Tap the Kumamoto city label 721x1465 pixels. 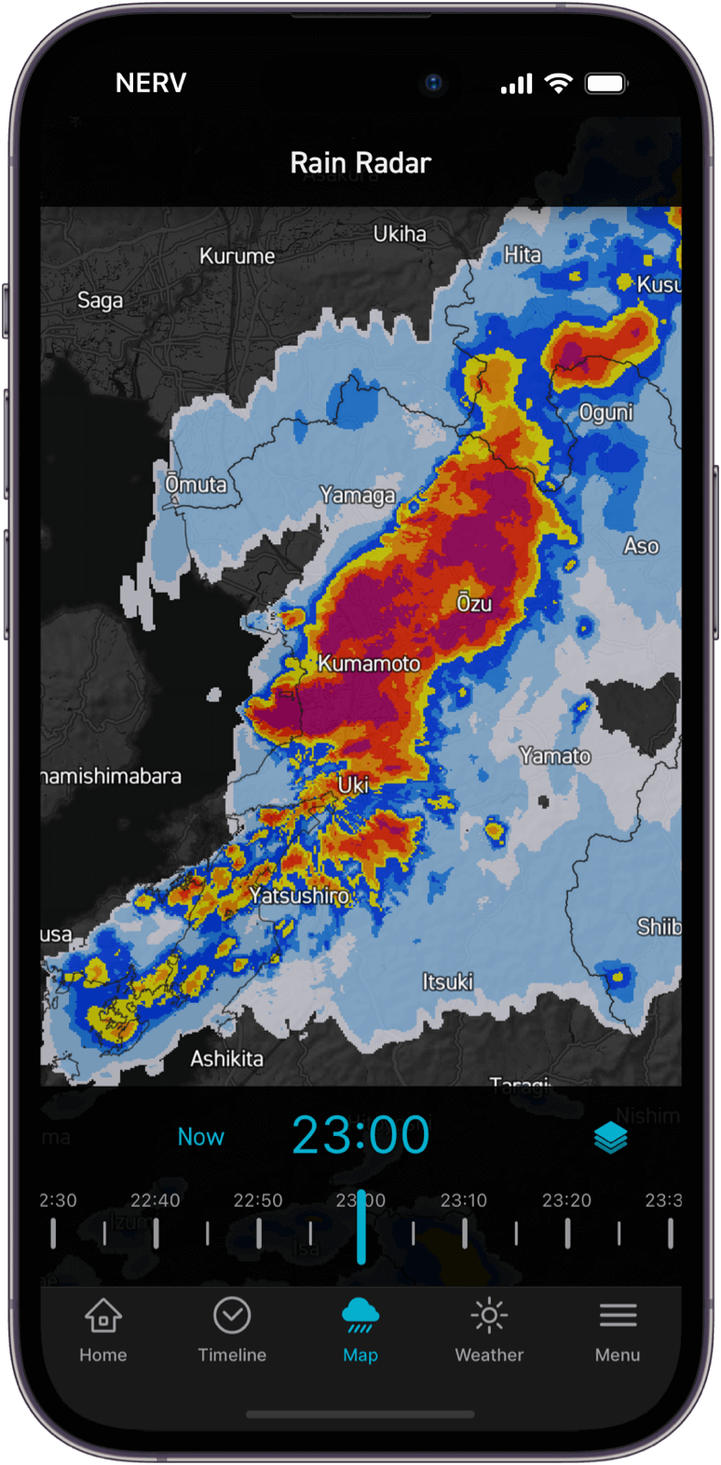click(x=369, y=664)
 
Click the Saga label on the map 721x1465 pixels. click(x=100, y=300)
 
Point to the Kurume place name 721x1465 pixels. click(x=237, y=256)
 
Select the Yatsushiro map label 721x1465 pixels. click(x=299, y=896)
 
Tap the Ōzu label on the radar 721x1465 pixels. click(x=473, y=603)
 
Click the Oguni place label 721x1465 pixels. click(x=605, y=413)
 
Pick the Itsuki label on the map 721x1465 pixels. click(x=447, y=981)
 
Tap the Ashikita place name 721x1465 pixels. click(x=226, y=1059)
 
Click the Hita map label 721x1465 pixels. click(x=522, y=254)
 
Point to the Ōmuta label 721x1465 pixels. click(x=196, y=485)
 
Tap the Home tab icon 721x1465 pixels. click(x=102, y=1316)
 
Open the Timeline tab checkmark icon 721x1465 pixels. click(x=232, y=1316)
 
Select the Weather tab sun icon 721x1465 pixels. click(x=489, y=1316)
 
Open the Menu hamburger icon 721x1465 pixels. click(x=618, y=1316)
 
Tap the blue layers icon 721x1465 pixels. click(x=611, y=1138)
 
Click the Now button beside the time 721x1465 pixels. click(x=201, y=1137)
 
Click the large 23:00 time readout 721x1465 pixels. click(x=360, y=1135)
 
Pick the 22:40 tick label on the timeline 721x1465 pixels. click(x=156, y=1200)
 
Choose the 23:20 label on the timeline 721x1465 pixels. click(x=566, y=1200)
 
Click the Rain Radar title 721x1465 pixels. click(x=360, y=163)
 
